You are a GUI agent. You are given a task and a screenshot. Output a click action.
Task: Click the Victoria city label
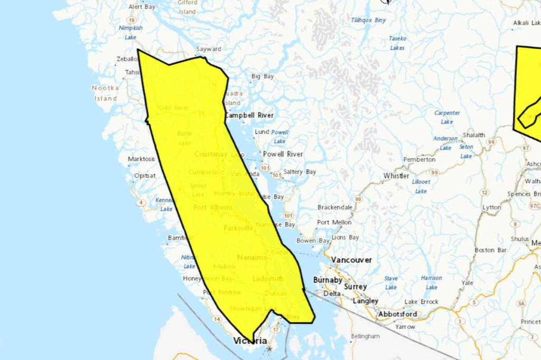(x=250, y=341)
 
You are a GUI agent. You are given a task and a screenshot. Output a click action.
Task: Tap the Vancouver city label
(x=351, y=260)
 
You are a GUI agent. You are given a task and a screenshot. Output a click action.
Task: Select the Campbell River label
(x=249, y=115)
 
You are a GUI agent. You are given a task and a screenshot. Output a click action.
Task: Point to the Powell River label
(x=283, y=154)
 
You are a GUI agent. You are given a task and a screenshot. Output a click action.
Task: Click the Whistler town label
(x=396, y=176)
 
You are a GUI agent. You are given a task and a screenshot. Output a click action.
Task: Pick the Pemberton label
(x=419, y=159)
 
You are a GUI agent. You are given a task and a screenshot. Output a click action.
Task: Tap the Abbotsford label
(x=397, y=314)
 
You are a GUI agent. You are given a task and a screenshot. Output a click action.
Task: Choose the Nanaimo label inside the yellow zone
(x=252, y=258)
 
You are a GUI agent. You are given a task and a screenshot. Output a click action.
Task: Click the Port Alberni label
(x=212, y=207)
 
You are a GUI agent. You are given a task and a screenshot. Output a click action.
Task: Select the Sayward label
(x=209, y=49)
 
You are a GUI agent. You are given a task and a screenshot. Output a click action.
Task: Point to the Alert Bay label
(x=142, y=7)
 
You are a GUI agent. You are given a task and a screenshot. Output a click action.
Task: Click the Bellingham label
(x=365, y=336)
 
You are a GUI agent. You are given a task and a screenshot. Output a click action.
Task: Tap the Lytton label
(x=491, y=207)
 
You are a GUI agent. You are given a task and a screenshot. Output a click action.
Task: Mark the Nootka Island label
(x=106, y=93)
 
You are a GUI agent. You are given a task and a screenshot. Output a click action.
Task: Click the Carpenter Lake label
(x=447, y=117)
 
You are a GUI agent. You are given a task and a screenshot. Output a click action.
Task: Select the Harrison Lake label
(x=431, y=282)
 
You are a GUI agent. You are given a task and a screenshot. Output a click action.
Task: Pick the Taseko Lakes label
(x=397, y=43)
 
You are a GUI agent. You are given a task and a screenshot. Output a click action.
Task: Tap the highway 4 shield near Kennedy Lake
(x=141, y=203)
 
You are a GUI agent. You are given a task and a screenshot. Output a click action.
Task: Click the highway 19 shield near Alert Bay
(x=130, y=20)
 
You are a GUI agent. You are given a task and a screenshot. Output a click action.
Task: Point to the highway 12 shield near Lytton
(x=484, y=193)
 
